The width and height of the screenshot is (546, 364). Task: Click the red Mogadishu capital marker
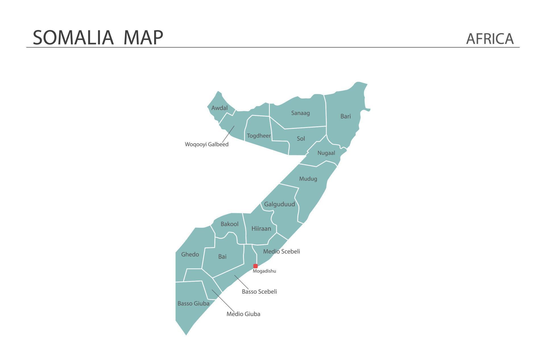pos(255,266)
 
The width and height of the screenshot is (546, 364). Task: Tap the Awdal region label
pos(219,108)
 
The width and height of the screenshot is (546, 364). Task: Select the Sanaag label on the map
pos(300,113)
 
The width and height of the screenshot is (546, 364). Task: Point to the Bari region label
pos(346,116)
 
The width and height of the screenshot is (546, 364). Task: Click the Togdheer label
pos(258,136)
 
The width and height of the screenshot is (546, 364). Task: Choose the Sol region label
pos(301,138)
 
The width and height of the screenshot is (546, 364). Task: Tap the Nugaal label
pos(326,153)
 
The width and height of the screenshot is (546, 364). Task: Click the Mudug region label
pos(308,179)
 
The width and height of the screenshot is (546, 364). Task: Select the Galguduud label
pos(279,204)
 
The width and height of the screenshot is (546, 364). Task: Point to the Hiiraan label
pos(261,229)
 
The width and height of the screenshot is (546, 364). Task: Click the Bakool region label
pos(229,224)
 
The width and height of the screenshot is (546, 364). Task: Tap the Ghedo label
pos(190,255)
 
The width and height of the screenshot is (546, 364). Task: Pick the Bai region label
pos(222,257)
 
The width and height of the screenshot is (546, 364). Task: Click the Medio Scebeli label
pos(281,251)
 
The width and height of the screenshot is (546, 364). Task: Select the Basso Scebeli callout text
pos(259,291)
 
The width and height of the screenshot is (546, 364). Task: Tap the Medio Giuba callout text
pos(243,314)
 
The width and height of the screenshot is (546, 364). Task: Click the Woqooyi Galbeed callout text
pos(206,144)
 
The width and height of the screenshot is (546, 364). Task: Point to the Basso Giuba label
pos(193,303)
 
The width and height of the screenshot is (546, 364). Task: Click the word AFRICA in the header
pos(490,39)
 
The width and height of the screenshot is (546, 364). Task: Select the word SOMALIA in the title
pos(73,38)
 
